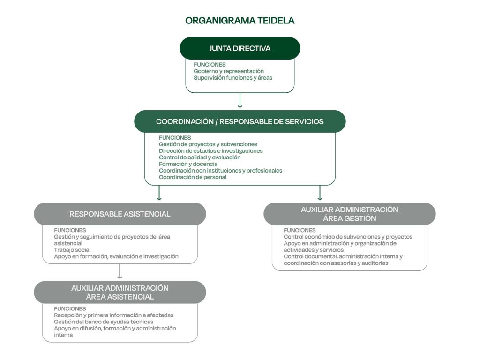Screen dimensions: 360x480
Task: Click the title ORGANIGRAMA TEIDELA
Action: click(x=240, y=21)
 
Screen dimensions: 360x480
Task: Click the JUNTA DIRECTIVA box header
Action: click(x=240, y=48)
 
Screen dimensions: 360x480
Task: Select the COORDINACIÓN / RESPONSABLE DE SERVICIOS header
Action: click(x=240, y=121)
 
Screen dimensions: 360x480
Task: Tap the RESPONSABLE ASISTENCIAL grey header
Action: click(x=120, y=214)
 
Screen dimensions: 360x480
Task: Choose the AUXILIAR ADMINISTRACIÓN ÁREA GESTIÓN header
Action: click(x=349, y=214)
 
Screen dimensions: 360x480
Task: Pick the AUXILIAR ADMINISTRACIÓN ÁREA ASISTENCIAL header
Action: click(x=120, y=292)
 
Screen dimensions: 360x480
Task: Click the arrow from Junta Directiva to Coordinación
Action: click(x=240, y=100)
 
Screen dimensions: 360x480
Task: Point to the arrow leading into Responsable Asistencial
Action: click(x=159, y=193)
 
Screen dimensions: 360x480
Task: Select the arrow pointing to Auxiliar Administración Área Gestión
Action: click(x=320, y=193)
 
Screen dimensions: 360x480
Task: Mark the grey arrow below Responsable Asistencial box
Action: click(x=120, y=271)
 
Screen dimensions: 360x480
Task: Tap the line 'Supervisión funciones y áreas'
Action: click(x=232, y=78)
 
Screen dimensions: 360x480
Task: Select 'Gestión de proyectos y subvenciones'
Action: click(x=208, y=144)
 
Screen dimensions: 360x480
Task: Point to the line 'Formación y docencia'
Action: click(x=188, y=164)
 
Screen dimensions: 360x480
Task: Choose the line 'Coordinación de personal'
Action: click(x=193, y=177)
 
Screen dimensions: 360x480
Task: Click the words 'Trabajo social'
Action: click(x=72, y=250)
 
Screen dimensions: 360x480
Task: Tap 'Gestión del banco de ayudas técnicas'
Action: click(x=104, y=322)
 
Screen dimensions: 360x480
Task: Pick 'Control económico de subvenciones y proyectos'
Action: click(x=348, y=237)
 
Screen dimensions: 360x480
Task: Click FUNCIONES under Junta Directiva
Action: click(x=210, y=65)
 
